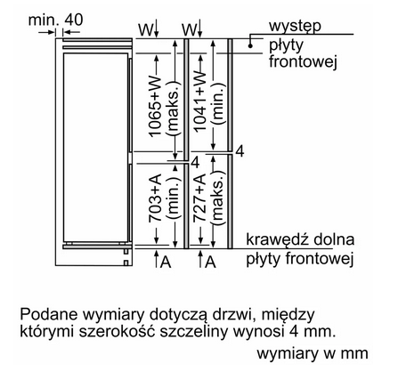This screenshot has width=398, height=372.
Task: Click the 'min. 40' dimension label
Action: point(56,20)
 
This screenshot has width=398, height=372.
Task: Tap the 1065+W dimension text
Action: point(155,107)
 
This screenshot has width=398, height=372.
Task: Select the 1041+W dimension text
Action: point(199,101)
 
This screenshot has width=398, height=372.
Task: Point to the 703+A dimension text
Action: point(155,198)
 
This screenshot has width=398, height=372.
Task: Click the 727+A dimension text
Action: point(199,198)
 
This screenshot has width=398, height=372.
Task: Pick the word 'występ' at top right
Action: point(295,26)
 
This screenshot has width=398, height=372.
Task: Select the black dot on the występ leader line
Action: point(250,46)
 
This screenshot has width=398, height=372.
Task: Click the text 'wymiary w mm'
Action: point(313,353)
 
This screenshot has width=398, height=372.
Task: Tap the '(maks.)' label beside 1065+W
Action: point(173,108)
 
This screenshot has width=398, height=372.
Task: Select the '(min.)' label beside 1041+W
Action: point(218,102)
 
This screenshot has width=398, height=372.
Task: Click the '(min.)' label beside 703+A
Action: point(173,198)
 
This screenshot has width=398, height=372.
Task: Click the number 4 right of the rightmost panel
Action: point(240,151)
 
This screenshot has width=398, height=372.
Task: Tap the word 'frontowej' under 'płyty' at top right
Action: point(303,62)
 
